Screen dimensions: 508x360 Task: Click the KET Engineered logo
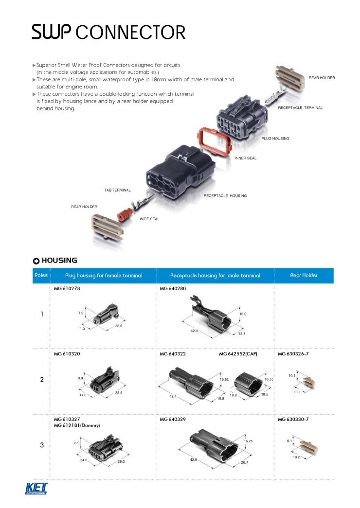(37, 488)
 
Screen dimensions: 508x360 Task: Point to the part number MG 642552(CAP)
(238, 354)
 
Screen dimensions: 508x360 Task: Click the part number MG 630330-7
(293, 419)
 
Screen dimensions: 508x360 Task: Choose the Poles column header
(41, 275)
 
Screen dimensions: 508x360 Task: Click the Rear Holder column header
(304, 275)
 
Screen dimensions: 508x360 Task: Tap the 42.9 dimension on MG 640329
(193, 459)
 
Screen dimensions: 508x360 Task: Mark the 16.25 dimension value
(248, 441)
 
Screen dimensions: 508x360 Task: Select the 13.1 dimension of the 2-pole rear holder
(297, 391)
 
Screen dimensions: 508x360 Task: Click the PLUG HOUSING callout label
(275, 139)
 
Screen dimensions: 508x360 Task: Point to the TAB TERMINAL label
(117, 190)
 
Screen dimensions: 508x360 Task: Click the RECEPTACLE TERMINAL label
(300, 107)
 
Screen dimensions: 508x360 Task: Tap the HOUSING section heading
(59, 261)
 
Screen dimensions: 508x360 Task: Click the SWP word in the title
(52, 33)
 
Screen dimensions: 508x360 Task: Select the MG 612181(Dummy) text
(77, 425)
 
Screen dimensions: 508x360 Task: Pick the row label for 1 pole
(42, 314)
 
